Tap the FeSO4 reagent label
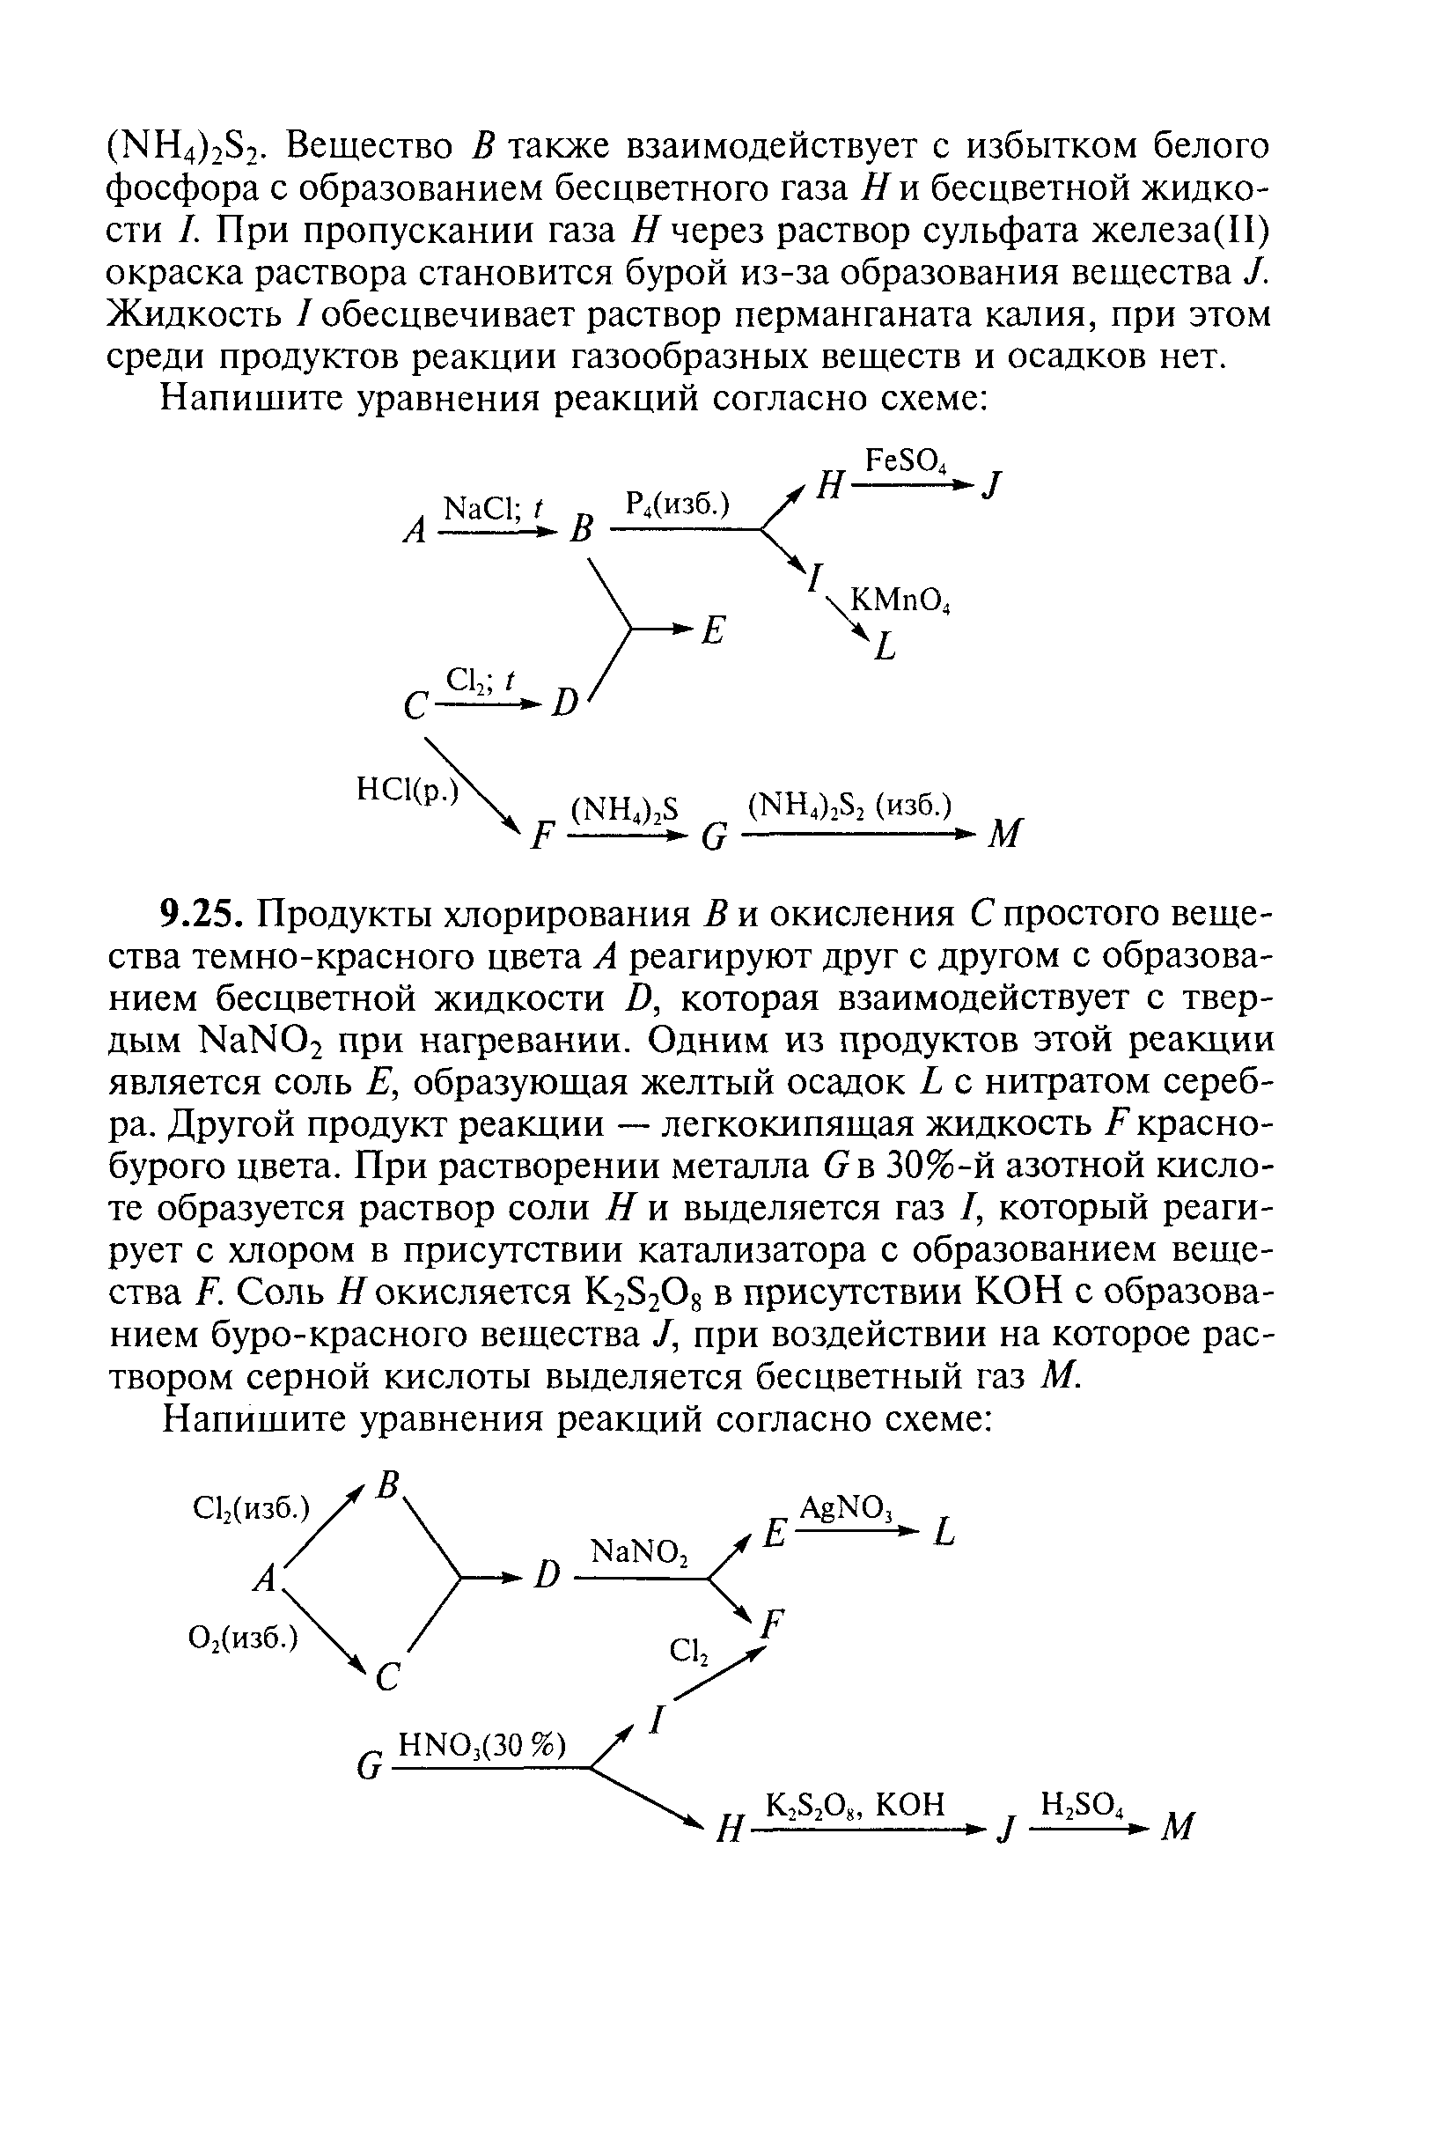coord(907,461)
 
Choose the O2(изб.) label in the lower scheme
coord(243,1638)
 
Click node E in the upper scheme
coord(713,630)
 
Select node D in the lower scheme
coord(547,1573)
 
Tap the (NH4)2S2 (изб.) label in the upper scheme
coord(850,806)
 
